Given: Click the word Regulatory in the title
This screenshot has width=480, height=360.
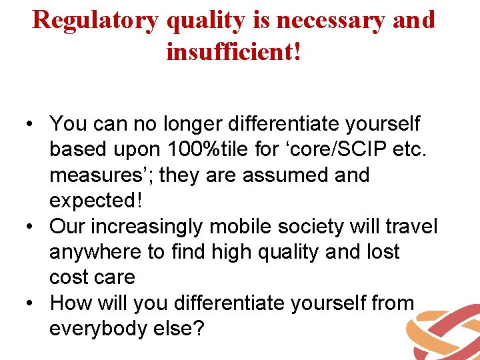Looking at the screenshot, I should (x=95, y=20).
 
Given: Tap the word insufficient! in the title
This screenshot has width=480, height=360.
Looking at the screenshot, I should (x=234, y=51).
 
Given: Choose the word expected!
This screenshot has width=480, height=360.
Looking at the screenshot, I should (x=92, y=201).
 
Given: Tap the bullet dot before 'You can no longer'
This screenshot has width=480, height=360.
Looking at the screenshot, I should (x=31, y=125).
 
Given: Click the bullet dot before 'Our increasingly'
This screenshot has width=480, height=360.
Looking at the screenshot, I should (x=31, y=227).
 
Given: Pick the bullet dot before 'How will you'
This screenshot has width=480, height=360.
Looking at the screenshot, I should (x=31, y=304).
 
